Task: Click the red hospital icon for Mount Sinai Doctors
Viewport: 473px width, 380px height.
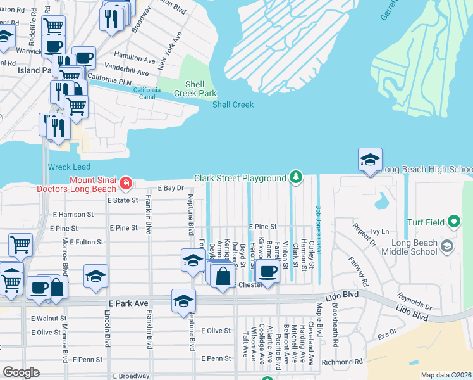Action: (126, 184)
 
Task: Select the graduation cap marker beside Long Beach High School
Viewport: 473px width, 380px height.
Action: (370, 159)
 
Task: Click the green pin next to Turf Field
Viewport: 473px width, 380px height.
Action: (453, 222)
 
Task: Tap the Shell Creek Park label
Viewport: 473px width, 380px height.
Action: (200, 89)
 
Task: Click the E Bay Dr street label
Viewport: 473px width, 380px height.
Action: (171, 188)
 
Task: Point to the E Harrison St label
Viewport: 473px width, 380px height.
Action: (73, 215)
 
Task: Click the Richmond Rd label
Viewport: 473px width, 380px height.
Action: (342, 362)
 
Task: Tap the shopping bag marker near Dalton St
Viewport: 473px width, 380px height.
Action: (222, 276)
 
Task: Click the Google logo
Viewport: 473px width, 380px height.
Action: (21, 372)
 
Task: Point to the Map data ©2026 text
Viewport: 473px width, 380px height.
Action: (446, 375)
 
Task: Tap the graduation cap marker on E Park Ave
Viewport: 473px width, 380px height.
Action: (183, 300)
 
